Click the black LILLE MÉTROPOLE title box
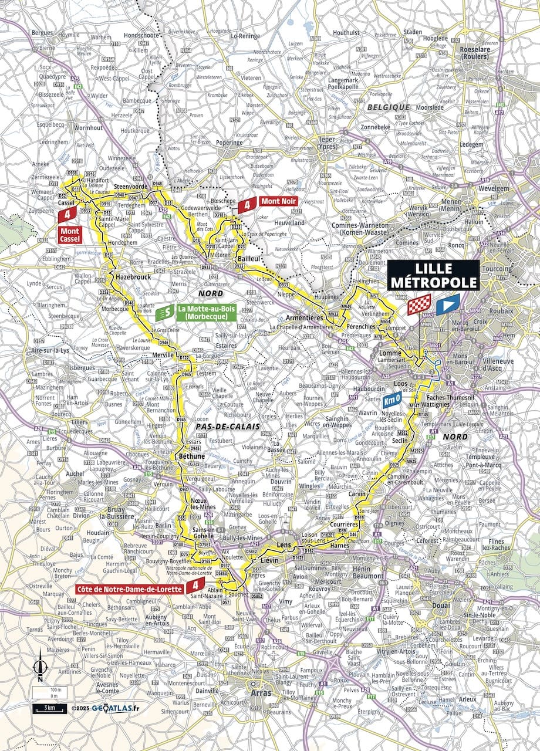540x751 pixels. [434, 275]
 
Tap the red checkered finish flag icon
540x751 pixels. [422, 305]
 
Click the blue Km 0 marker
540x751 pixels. [393, 401]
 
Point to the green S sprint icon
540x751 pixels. [166, 313]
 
